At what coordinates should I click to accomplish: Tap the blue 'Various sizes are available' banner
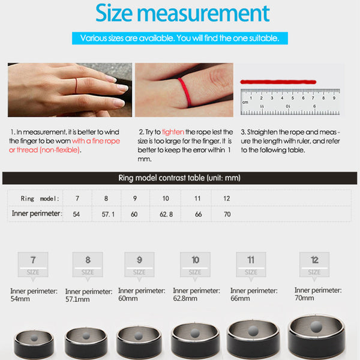click(180, 38)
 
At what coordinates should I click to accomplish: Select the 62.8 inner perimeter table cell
click(166, 213)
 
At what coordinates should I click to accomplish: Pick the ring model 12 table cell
click(226, 198)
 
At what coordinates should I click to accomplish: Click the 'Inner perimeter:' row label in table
click(37, 213)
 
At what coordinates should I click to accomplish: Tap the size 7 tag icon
click(33, 263)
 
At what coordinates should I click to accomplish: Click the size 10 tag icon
click(196, 263)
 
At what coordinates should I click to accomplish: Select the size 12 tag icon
click(314, 263)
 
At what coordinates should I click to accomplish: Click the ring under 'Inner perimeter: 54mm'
click(34, 342)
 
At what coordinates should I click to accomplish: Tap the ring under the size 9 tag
click(139, 340)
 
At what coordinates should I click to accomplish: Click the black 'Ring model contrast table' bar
click(180, 178)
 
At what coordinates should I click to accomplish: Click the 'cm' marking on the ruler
click(245, 102)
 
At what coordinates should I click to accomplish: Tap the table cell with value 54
click(77, 213)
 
